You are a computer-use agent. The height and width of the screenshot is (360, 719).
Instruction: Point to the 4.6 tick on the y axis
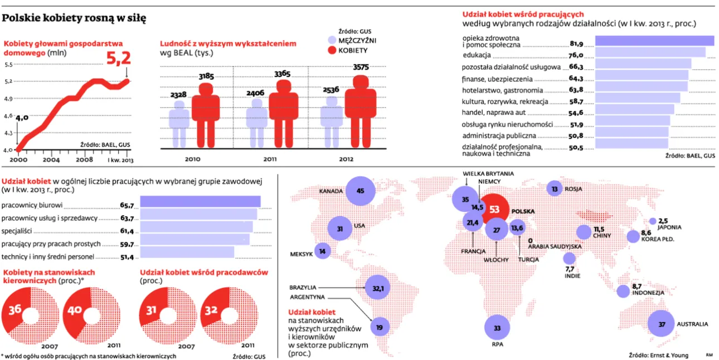[x=9, y=115]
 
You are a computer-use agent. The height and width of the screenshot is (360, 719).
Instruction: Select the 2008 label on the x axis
[x=84, y=159]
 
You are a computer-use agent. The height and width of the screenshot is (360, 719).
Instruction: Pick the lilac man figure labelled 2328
[x=179, y=125]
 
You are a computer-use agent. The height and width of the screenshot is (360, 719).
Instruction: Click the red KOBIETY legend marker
[x=332, y=50]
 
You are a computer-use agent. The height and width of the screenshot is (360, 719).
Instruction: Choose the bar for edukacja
[x=650, y=52]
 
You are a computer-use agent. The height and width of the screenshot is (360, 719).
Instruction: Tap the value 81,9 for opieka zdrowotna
[x=576, y=43]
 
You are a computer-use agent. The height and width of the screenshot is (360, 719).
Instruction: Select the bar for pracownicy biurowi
[x=200, y=202]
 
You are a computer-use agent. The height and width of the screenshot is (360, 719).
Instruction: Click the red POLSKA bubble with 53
[x=494, y=210]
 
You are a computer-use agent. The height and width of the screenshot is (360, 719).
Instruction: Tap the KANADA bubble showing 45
[x=359, y=191]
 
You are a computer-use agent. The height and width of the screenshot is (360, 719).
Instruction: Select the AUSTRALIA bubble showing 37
[x=661, y=324]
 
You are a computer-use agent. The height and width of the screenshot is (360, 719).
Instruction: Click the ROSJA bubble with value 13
[x=554, y=189]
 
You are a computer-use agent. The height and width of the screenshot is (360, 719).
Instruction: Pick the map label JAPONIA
[x=670, y=227]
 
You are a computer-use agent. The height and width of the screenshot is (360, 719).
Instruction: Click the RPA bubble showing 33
[x=497, y=328]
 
